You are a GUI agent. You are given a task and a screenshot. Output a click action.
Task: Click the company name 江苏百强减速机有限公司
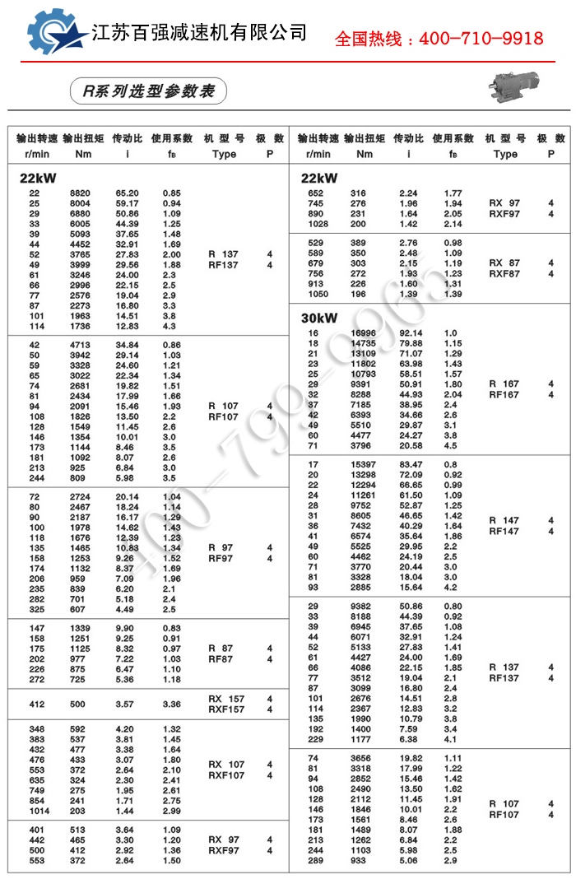click(199, 33)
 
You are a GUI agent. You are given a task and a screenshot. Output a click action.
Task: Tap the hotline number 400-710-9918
click(481, 39)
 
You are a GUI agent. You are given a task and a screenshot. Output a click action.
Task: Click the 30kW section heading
click(319, 318)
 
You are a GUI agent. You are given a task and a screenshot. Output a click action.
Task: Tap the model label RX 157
click(226, 700)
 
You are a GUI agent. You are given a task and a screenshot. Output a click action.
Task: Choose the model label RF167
click(504, 394)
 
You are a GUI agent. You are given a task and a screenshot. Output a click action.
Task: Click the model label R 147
click(504, 520)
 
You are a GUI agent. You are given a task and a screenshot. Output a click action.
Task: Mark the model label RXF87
click(504, 273)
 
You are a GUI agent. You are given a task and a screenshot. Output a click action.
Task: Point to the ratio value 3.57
click(125, 705)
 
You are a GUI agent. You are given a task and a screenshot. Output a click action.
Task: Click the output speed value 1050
click(318, 294)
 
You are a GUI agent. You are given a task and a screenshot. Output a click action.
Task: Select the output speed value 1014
click(38, 811)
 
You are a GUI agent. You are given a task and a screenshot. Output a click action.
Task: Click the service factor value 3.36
click(172, 705)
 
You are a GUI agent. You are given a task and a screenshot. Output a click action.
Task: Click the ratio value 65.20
click(127, 193)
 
